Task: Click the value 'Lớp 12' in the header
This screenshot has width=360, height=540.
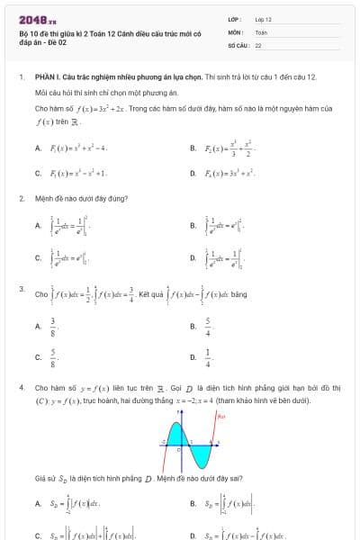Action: click(x=263, y=19)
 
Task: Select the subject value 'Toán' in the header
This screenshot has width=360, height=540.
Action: click(x=261, y=31)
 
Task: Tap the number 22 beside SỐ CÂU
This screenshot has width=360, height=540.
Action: click(x=258, y=44)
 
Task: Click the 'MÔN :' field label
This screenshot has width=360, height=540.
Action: click(x=236, y=31)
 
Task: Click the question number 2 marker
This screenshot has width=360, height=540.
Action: click(x=21, y=196)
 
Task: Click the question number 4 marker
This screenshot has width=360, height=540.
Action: click(x=21, y=388)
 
